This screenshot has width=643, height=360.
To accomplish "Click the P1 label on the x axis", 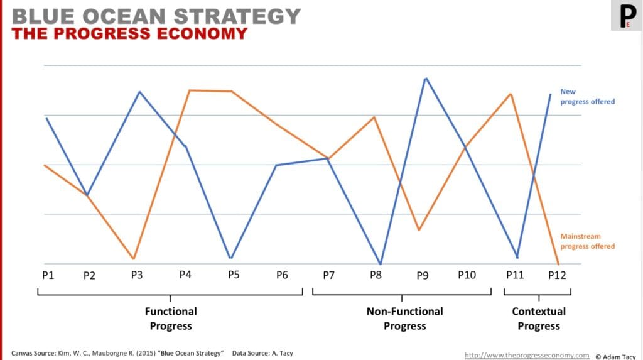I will click(47, 275).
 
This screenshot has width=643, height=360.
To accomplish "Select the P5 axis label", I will click(234, 275).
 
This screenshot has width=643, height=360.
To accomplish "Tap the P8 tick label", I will click(376, 275).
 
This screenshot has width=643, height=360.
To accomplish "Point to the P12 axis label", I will click(557, 275).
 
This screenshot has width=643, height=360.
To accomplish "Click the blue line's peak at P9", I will click(426, 79).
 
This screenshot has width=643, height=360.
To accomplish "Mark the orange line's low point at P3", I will click(133, 258).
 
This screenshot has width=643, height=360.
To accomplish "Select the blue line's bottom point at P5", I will click(231, 258).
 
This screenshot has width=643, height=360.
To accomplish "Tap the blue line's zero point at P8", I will click(380, 263).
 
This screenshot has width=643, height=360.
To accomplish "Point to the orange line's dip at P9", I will click(418, 230).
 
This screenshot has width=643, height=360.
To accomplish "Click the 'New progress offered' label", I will click(587, 96).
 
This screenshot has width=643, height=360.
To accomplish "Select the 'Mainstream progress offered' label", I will click(587, 241).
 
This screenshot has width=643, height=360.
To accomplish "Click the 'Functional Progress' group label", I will click(171, 319).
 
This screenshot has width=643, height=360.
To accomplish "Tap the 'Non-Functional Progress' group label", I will click(404, 319).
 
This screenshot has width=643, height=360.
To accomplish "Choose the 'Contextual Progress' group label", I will click(538, 319).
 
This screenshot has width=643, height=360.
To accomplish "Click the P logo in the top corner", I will click(626, 16).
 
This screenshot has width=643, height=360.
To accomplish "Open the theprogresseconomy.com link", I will click(527, 355).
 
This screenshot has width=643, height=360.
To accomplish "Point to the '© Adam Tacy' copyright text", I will click(617, 356).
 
